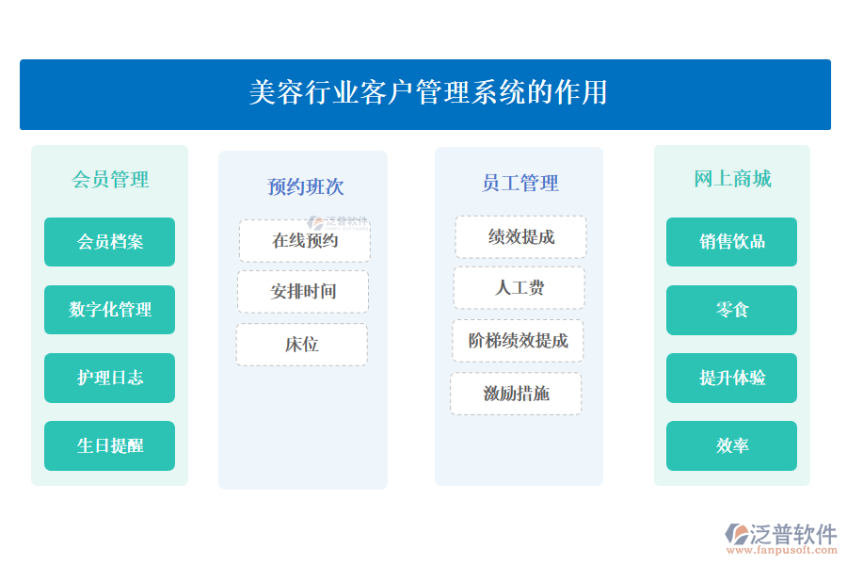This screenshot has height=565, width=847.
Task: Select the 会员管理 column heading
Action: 110,179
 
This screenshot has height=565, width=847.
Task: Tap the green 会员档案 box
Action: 110,242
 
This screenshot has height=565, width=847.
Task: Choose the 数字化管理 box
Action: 110,310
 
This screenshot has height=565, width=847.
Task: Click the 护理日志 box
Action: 110,378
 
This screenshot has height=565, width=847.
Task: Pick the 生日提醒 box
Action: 110,445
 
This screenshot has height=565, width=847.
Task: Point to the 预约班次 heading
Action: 305,186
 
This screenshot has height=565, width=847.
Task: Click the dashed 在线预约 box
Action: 305,241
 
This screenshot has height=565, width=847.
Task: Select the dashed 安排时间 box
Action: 303,292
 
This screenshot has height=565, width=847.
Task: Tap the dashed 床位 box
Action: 302,345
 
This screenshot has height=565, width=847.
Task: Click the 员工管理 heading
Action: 519,183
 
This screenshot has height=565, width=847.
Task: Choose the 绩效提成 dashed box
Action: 521,237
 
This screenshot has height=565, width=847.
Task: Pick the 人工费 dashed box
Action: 519,288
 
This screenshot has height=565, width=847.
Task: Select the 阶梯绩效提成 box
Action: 518,341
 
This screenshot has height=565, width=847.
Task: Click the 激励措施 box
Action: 516,394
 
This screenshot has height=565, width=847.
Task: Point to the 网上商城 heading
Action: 732,179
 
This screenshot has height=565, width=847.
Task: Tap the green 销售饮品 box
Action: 732,242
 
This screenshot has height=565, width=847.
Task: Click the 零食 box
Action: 732,310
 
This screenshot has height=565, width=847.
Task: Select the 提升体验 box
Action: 732,378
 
